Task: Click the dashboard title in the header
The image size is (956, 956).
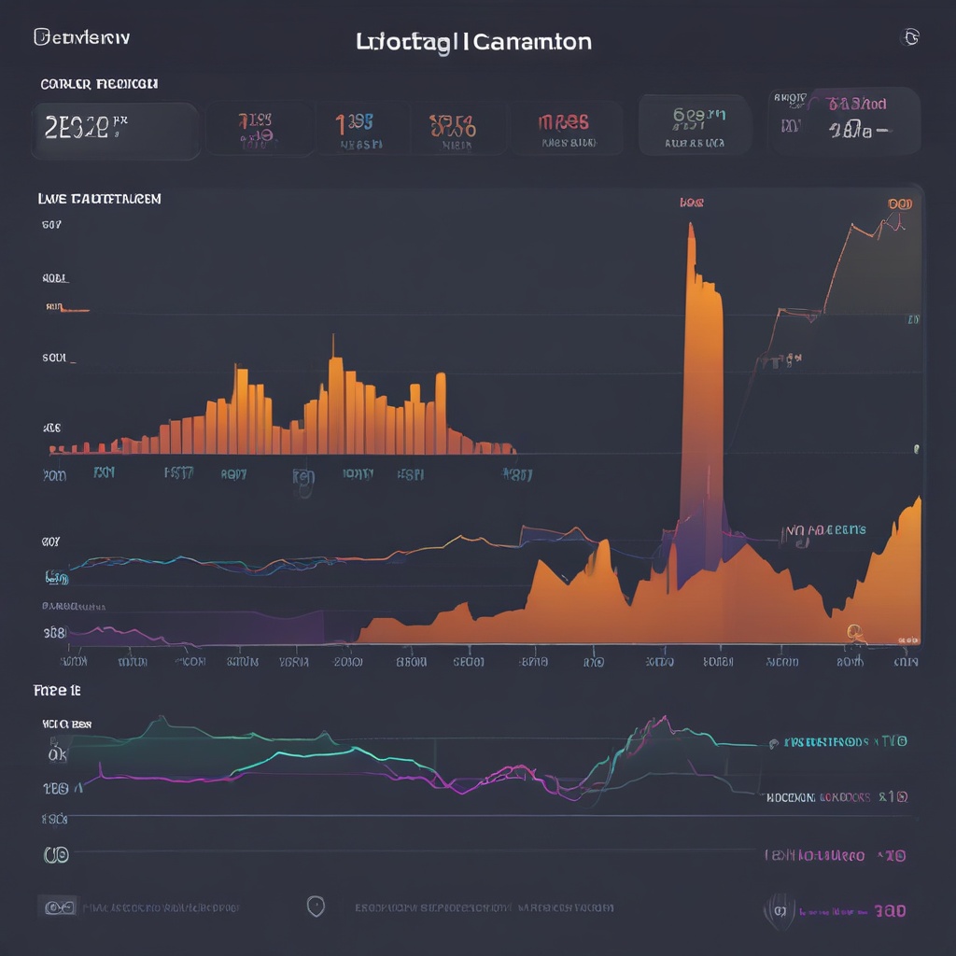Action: coord(473,42)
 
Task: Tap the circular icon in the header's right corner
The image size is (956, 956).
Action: coord(909,37)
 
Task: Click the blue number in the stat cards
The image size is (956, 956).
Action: coord(355,121)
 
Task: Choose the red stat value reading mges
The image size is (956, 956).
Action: coord(564,122)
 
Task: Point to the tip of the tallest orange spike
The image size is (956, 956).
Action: coord(691,226)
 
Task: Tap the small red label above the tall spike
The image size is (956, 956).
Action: coord(692,202)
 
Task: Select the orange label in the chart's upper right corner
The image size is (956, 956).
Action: coord(900,204)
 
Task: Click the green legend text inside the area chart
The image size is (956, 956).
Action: coord(825,530)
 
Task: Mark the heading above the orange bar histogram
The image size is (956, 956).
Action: coord(99,199)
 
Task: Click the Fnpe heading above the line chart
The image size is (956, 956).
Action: coord(56,691)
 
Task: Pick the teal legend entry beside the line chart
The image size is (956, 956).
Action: coord(844,742)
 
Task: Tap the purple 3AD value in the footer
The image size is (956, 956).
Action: coord(886,910)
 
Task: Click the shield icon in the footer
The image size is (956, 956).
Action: coord(316,906)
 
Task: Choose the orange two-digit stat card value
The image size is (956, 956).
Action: coord(452,123)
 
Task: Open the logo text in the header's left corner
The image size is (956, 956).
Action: coord(82,37)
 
